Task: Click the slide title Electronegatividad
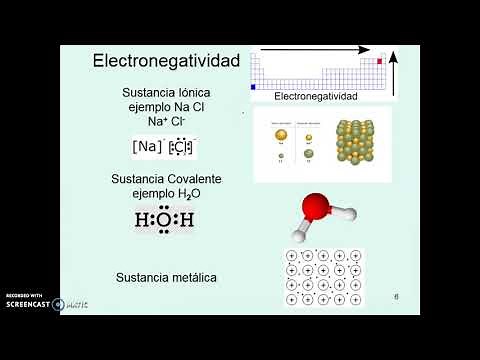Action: pos(166,61)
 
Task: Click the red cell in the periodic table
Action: pos(380,61)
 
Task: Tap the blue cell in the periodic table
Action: pos(253,87)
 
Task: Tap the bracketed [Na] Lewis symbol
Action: pos(147,147)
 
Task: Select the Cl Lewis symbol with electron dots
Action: pos(182,147)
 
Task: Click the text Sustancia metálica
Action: pos(166,275)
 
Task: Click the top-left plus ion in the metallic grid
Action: pos(293,257)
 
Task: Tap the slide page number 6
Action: pos(396,297)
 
